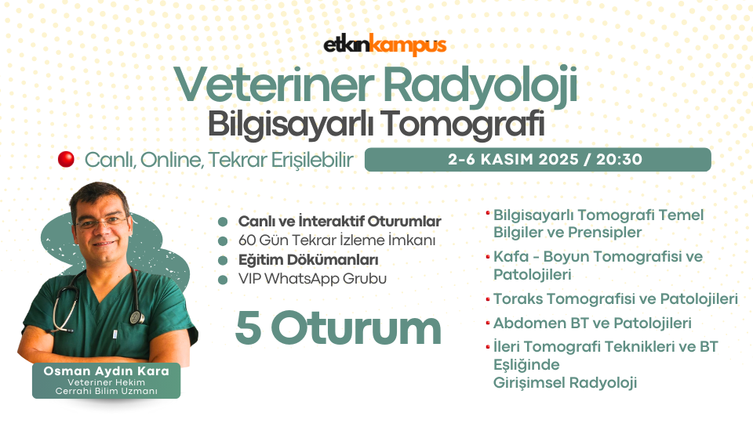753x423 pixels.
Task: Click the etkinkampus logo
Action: (x=385, y=45)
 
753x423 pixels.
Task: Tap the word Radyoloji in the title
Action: (x=480, y=85)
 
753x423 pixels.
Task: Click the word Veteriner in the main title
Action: (x=275, y=85)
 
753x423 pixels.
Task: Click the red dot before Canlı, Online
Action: (x=66, y=159)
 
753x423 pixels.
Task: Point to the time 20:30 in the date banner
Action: (x=620, y=160)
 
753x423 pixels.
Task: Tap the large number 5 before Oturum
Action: (x=249, y=328)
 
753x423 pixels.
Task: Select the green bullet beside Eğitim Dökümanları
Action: (x=222, y=260)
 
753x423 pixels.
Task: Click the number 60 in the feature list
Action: (x=247, y=240)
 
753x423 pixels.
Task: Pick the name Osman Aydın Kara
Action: (x=106, y=371)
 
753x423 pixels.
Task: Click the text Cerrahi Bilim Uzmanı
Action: (x=106, y=392)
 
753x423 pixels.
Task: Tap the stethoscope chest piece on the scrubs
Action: (x=136, y=317)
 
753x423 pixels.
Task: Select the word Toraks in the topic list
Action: (x=518, y=298)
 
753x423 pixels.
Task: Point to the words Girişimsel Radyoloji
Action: (x=566, y=383)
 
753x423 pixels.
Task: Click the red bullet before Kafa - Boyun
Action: (x=488, y=257)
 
